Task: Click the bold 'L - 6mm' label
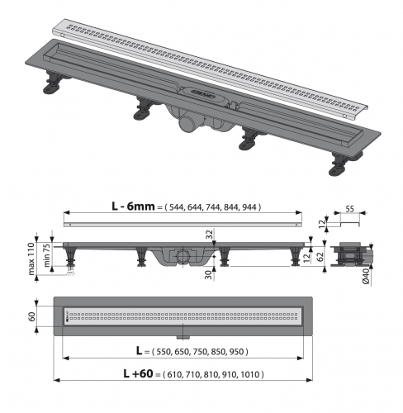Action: (133, 206)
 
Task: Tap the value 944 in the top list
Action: (250, 207)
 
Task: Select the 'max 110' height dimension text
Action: (31, 259)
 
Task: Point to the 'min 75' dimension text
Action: (47, 255)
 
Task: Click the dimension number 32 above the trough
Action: (210, 235)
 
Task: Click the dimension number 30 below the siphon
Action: (209, 275)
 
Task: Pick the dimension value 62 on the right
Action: (319, 256)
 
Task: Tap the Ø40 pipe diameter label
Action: (366, 278)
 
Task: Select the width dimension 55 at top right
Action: (349, 209)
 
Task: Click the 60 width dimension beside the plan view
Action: (32, 316)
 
